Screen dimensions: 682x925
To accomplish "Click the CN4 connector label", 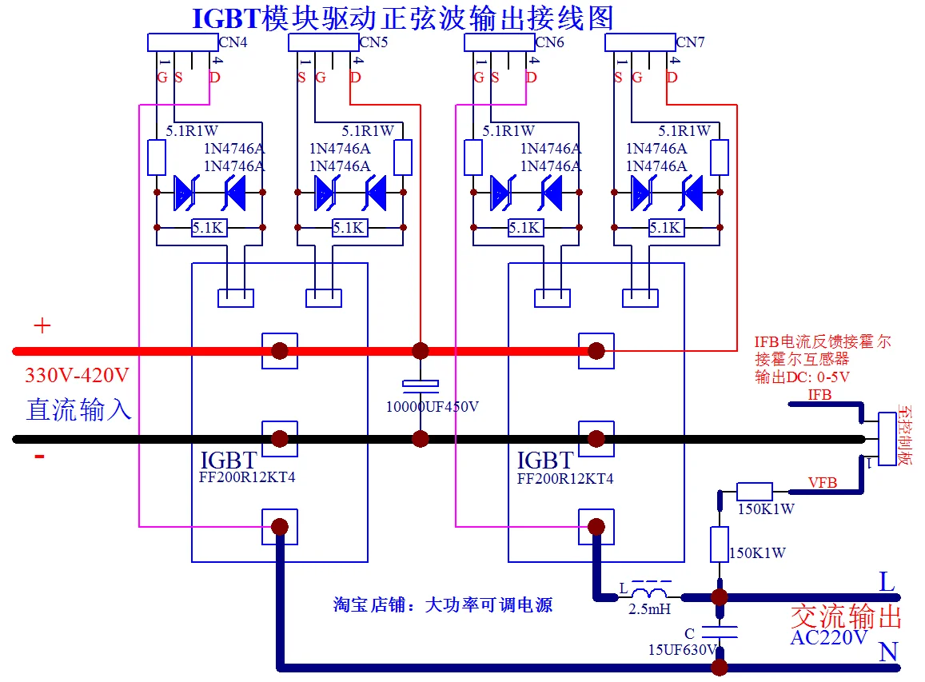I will pyautogui.click(x=233, y=42).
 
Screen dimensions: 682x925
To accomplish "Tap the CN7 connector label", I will pyautogui.click(x=690, y=42).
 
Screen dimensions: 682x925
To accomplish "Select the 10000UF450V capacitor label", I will pyautogui.click(x=433, y=407).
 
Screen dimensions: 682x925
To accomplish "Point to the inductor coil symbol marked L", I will pyautogui.click(x=649, y=594).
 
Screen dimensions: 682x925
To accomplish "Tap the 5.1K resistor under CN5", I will pyautogui.click(x=349, y=228).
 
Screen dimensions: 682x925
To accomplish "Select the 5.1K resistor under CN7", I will pyautogui.click(x=664, y=228).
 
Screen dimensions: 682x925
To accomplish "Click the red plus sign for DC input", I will pyautogui.click(x=42, y=325).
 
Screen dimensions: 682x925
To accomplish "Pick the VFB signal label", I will pyautogui.click(x=823, y=483).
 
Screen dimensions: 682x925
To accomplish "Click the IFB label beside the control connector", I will pyautogui.click(x=819, y=395).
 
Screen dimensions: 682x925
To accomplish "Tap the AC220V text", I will pyautogui.click(x=829, y=638).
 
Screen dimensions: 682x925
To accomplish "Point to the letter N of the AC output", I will pyautogui.click(x=887, y=652).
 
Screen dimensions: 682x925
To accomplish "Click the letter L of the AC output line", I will pyautogui.click(x=887, y=582).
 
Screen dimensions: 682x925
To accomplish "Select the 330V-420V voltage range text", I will pyautogui.click(x=77, y=375).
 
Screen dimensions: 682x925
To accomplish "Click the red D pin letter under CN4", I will pyautogui.click(x=214, y=78).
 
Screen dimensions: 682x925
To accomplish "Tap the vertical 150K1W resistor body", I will pyautogui.click(x=720, y=544).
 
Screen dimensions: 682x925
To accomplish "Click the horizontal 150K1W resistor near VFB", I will pyautogui.click(x=754, y=492).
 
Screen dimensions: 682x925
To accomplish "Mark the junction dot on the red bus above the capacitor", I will pyautogui.click(x=420, y=350).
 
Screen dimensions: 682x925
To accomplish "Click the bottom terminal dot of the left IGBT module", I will pyautogui.click(x=280, y=526).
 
